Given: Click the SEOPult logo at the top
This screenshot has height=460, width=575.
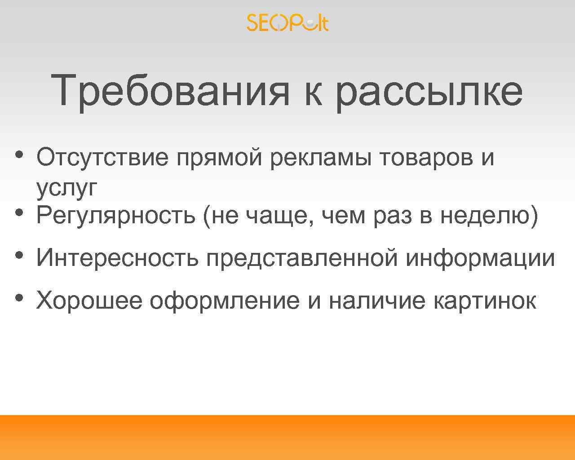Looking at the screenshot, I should pyautogui.click(x=287, y=23).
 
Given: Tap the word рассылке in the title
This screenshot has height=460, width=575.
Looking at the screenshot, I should pyautogui.click(x=429, y=91).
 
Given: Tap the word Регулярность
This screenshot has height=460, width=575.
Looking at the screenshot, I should pyautogui.click(x=116, y=216).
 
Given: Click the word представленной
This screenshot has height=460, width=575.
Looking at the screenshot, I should pyautogui.click(x=302, y=258).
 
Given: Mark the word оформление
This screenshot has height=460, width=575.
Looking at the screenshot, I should pyautogui.click(x=225, y=300).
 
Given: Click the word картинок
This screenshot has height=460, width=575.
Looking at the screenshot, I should pyautogui.click(x=485, y=300).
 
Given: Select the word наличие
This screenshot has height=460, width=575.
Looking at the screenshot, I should pyautogui.click(x=377, y=300).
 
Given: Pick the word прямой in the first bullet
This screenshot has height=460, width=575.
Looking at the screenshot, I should pyautogui.click(x=220, y=158).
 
